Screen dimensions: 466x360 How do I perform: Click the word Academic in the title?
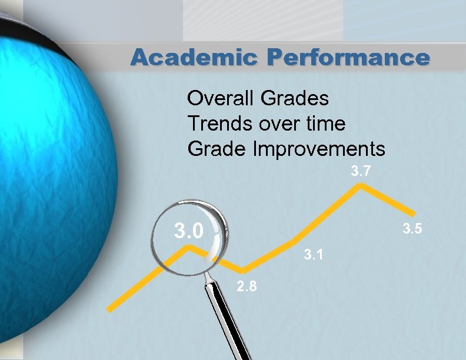pos(194,56)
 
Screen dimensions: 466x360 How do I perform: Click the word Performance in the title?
pos(348,56)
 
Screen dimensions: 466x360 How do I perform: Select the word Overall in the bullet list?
pos(220,98)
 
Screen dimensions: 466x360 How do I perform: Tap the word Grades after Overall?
pos(295,98)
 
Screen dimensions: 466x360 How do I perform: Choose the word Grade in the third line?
pos(217,148)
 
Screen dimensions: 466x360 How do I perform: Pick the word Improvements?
pos(319,148)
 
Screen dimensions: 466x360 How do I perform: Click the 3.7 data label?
pos(361,171)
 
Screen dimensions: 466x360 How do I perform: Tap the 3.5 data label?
pos(412,229)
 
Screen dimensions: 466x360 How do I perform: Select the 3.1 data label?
pos(313,255)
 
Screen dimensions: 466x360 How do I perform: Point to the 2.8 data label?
pos(247,286)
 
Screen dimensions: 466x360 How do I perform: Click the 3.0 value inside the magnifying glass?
pos(189,231)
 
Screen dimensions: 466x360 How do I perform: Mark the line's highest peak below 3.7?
pos(361,185)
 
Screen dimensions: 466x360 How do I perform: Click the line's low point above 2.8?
pos(243,271)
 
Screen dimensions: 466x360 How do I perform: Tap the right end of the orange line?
pos(414,214)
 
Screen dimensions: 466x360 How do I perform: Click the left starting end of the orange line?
pos(109,309)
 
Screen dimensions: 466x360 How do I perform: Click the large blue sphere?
pos(54,184)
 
